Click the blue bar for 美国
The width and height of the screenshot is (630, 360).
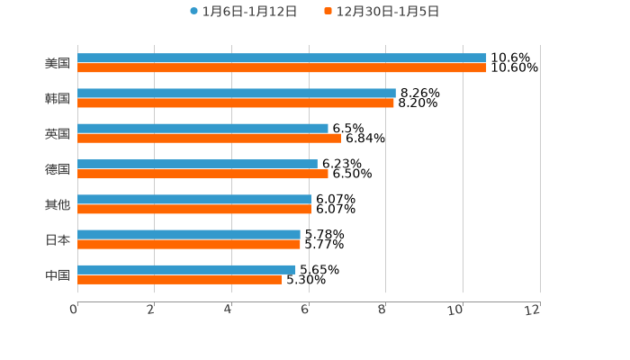tap(282, 58)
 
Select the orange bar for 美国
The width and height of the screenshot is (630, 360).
tap(282, 68)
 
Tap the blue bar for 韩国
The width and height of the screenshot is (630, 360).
tap(237, 94)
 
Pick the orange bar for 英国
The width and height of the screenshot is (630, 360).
tap(209, 139)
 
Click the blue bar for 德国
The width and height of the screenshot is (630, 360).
tap(197, 164)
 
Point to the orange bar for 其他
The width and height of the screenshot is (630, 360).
tap(194, 210)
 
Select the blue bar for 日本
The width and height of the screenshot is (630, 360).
tap(189, 235)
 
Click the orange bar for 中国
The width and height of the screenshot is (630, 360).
tap(180, 280)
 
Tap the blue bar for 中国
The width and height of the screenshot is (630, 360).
tap(186, 270)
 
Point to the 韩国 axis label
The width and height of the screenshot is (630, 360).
tap(58, 99)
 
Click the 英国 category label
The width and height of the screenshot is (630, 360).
tap(58, 134)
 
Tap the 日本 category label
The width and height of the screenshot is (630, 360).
tap(58, 240)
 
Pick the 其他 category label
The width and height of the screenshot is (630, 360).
tap(58, 205)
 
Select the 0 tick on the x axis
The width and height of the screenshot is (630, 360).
tap(74, 310)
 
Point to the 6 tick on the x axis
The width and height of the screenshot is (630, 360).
tap(305, 310)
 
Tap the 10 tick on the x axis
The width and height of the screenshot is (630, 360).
tap(455, 310)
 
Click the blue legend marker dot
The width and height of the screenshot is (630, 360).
tap(193, 12)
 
